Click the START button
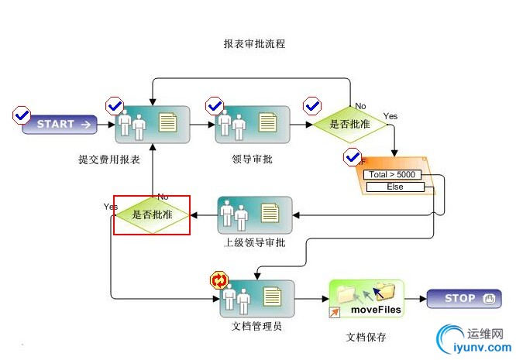tap(60, 124)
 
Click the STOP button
tap(464, 299)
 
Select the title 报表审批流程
tap(254, 44)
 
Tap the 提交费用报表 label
tap(109, 160)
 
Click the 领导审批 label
tap(252, 160)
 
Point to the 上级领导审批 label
tap(255, 243)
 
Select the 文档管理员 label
tap(256, 326)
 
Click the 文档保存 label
tap(366, 338)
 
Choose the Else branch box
tap(395, 187)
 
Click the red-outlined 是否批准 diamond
tap(152, 214)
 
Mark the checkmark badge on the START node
tap(21, 115)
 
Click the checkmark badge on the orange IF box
tap(353, 157)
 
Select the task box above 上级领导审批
tap(255, 214)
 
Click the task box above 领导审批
tap(252, 123)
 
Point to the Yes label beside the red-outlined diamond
tap(110, 207)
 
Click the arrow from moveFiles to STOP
tap(414, 299)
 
